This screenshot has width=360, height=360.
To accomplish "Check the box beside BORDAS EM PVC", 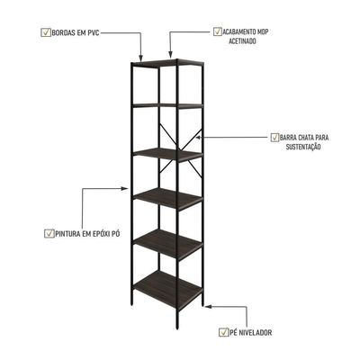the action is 46,32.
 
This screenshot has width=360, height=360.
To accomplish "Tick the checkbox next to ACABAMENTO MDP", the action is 218,31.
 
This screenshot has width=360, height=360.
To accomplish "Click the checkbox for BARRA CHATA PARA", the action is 274,138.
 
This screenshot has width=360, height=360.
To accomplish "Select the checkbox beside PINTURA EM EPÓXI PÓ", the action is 49,233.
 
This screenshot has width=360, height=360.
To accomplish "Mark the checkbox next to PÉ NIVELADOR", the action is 223,332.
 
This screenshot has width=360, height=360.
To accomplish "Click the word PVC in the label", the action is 93,32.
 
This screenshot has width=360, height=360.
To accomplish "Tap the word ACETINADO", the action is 242,41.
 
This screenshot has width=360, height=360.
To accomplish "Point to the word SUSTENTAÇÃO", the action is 303,147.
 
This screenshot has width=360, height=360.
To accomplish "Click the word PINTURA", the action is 67,234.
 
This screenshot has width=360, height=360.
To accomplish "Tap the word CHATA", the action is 306,138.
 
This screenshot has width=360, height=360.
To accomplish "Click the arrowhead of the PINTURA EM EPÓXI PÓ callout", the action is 125,188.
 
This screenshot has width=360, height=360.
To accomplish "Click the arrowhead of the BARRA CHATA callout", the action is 199,137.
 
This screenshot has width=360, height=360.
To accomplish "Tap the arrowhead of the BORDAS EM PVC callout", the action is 141,56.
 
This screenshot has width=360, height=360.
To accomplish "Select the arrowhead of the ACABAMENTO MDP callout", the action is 170,54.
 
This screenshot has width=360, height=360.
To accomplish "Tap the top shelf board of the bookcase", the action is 168,62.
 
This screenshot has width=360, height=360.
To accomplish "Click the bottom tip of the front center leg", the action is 177,328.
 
